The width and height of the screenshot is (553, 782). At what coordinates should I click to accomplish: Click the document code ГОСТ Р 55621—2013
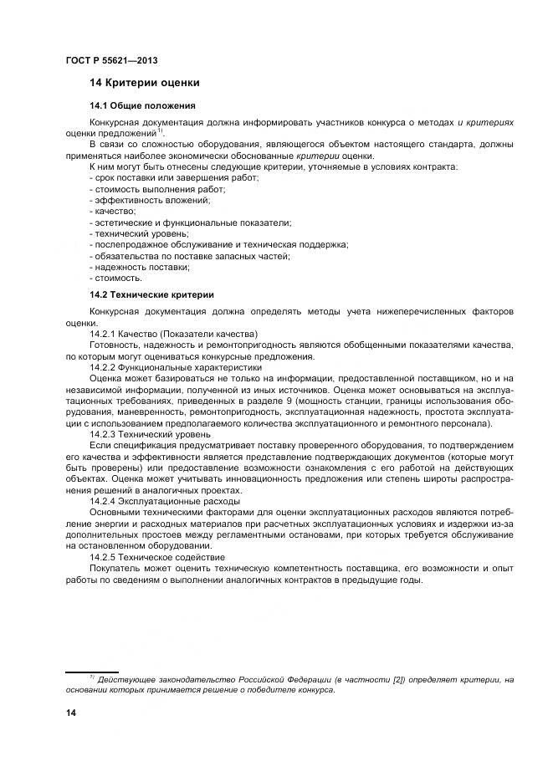coord(110,60)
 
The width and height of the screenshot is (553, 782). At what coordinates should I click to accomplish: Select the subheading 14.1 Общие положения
coord(142,106)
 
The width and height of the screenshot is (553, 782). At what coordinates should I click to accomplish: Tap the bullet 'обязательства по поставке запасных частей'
coord(190,256)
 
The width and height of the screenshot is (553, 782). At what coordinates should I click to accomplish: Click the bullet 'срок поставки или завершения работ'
coord(174,179)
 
